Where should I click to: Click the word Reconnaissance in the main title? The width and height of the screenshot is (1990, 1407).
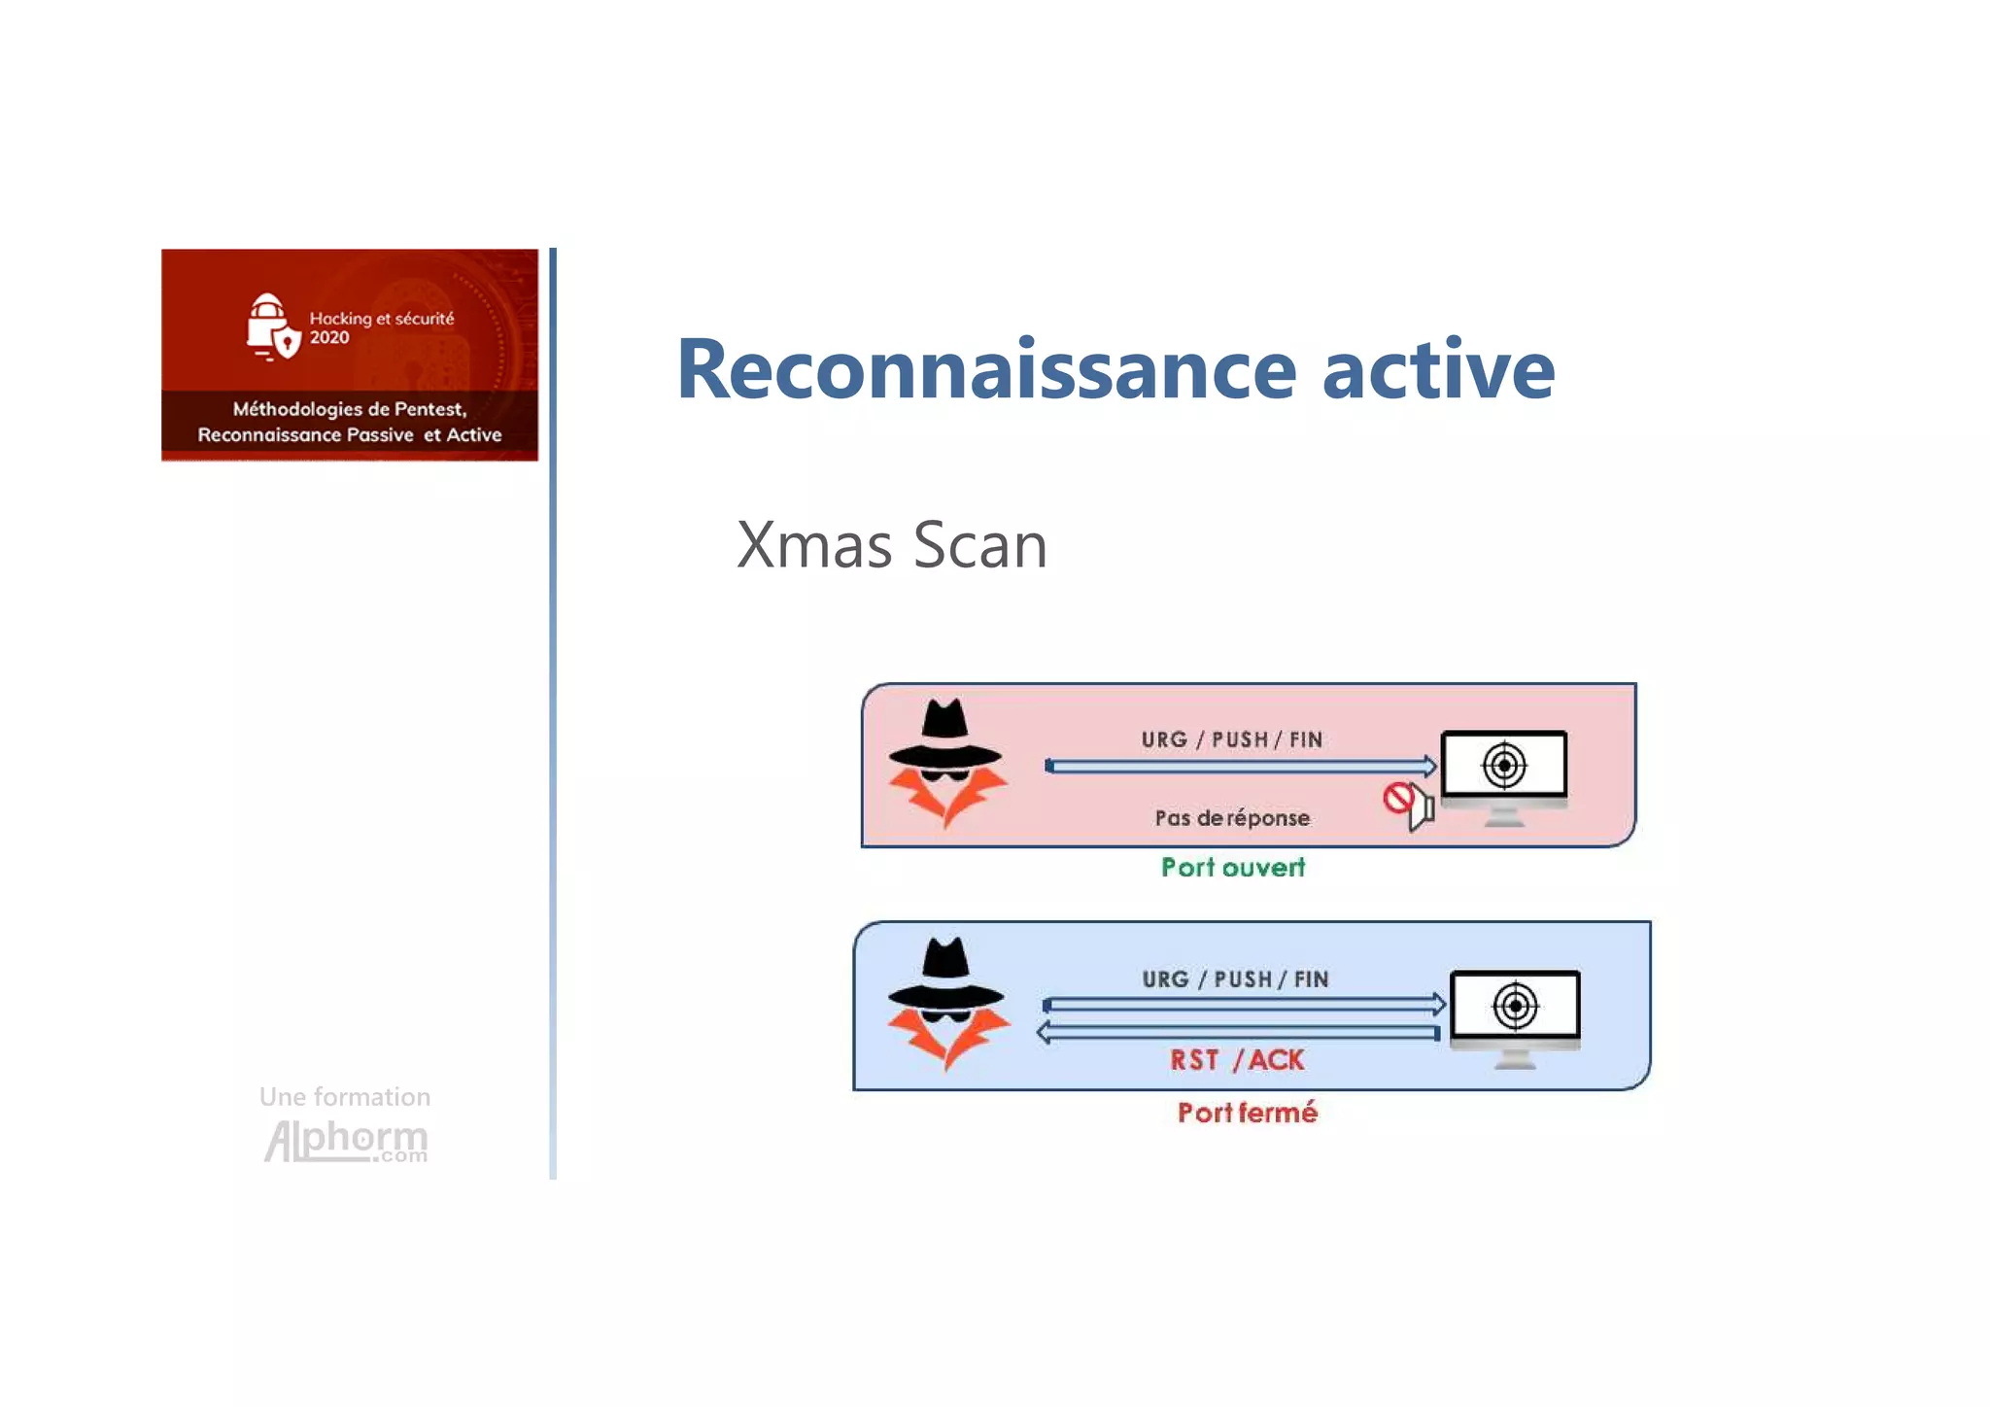coord(986,369)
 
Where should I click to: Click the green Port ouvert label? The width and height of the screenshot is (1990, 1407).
coord(1233,867)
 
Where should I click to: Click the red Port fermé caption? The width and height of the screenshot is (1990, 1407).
coord(1247,1112)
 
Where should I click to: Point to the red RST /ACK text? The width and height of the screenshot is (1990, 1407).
coord(1237,1060)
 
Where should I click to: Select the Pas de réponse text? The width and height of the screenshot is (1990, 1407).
coord(1232,818)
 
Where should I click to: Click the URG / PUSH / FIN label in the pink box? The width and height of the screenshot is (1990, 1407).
coord(1232,739)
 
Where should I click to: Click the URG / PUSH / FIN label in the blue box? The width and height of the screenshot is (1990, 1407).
coord(1235,978)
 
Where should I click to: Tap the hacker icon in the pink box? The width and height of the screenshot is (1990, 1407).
coord(946,764)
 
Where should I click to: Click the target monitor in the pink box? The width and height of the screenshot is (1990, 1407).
coord(1503,775)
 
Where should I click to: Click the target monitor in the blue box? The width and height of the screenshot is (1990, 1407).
coord(1515,1015)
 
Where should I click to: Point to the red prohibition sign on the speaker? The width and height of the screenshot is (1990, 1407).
coord(1398,799)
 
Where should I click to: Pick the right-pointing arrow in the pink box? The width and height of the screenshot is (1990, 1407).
coord(1241,767)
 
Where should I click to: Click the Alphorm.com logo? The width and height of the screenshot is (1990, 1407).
coord(346,1140)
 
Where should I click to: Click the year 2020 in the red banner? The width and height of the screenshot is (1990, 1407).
coord(329,338)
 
